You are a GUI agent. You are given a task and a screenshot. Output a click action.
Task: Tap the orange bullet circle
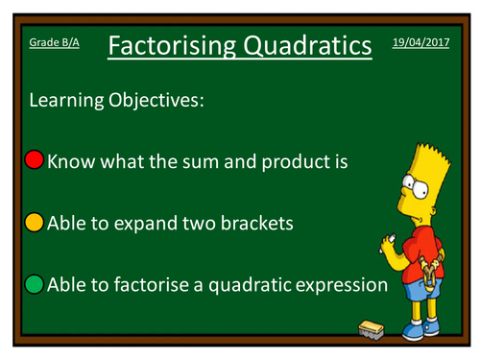[x=35, y=224]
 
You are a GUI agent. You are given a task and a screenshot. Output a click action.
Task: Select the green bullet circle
[x=35, y=285]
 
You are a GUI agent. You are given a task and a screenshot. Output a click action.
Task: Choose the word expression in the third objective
[x=336, y=286]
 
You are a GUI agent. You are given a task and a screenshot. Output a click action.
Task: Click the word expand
[x=146, y=225]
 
